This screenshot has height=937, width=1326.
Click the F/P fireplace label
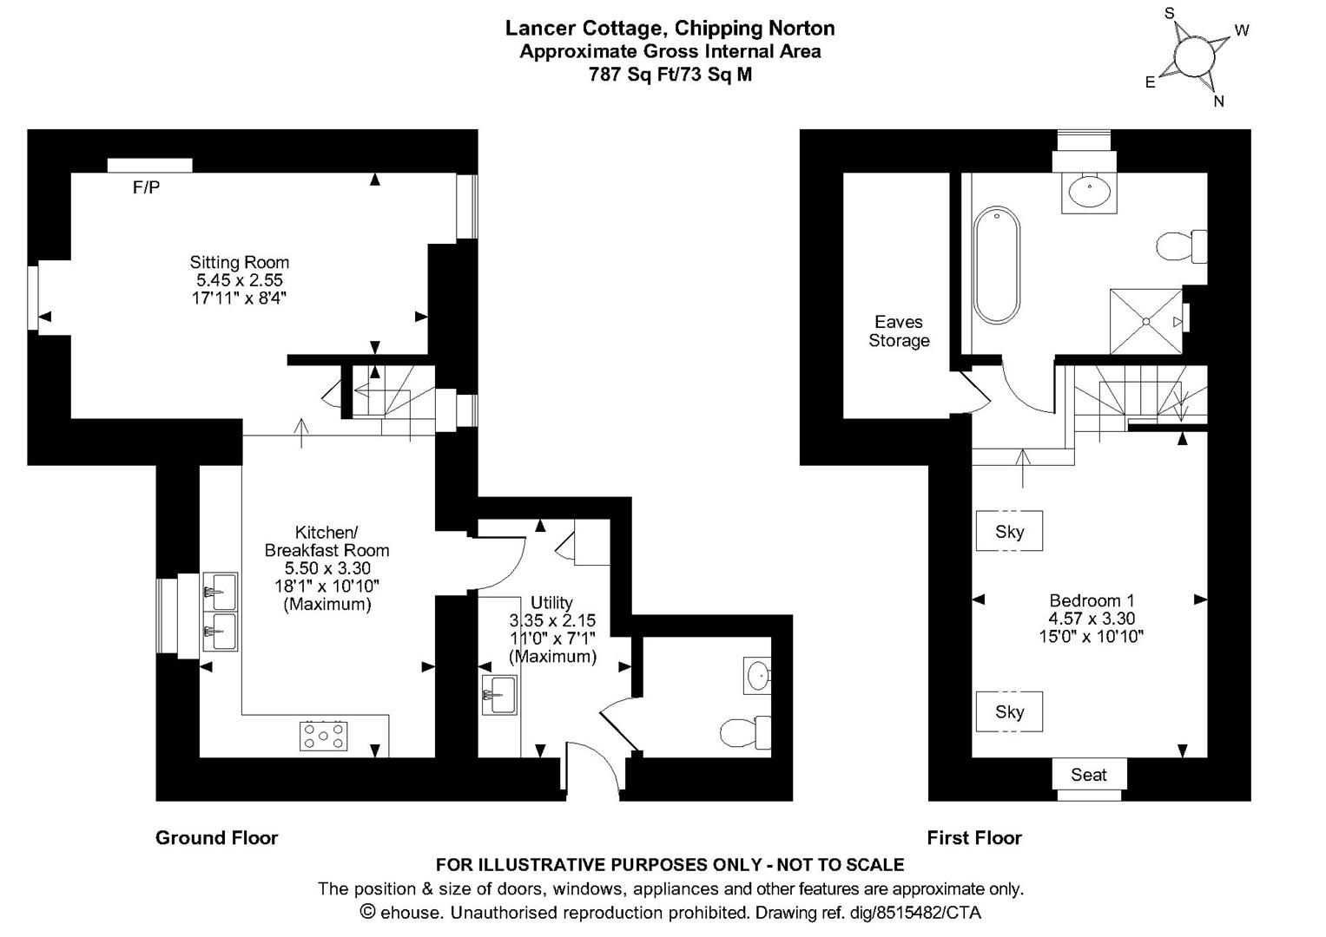(x=146, y=187)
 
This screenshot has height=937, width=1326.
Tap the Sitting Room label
(x=239, y=262)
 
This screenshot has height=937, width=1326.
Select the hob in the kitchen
(x=323, y=736)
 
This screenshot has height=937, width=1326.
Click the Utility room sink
(x=499, y=695)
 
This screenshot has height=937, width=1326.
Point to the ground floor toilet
(x=746, y=732)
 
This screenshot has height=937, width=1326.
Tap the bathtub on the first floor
(x=997, y=265)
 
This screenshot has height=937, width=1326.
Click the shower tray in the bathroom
(x=1146, y=321)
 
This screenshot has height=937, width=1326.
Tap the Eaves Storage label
(x=899, y=331)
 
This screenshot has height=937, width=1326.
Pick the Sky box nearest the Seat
(x=1009, y=711)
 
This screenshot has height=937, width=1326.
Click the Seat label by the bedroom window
(x=1089, y=774)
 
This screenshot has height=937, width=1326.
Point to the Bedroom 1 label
(x=1092, y=600)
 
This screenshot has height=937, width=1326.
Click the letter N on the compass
(x=1219, y=102)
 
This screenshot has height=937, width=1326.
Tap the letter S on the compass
(x=1169, y=14)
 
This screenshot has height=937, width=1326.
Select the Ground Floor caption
(x=217, y=837)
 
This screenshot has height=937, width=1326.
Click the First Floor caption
(x=974, y=837)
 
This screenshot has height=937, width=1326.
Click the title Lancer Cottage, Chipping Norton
(x=670, y=29)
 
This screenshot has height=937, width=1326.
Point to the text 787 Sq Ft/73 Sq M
(x=670, y=75)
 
